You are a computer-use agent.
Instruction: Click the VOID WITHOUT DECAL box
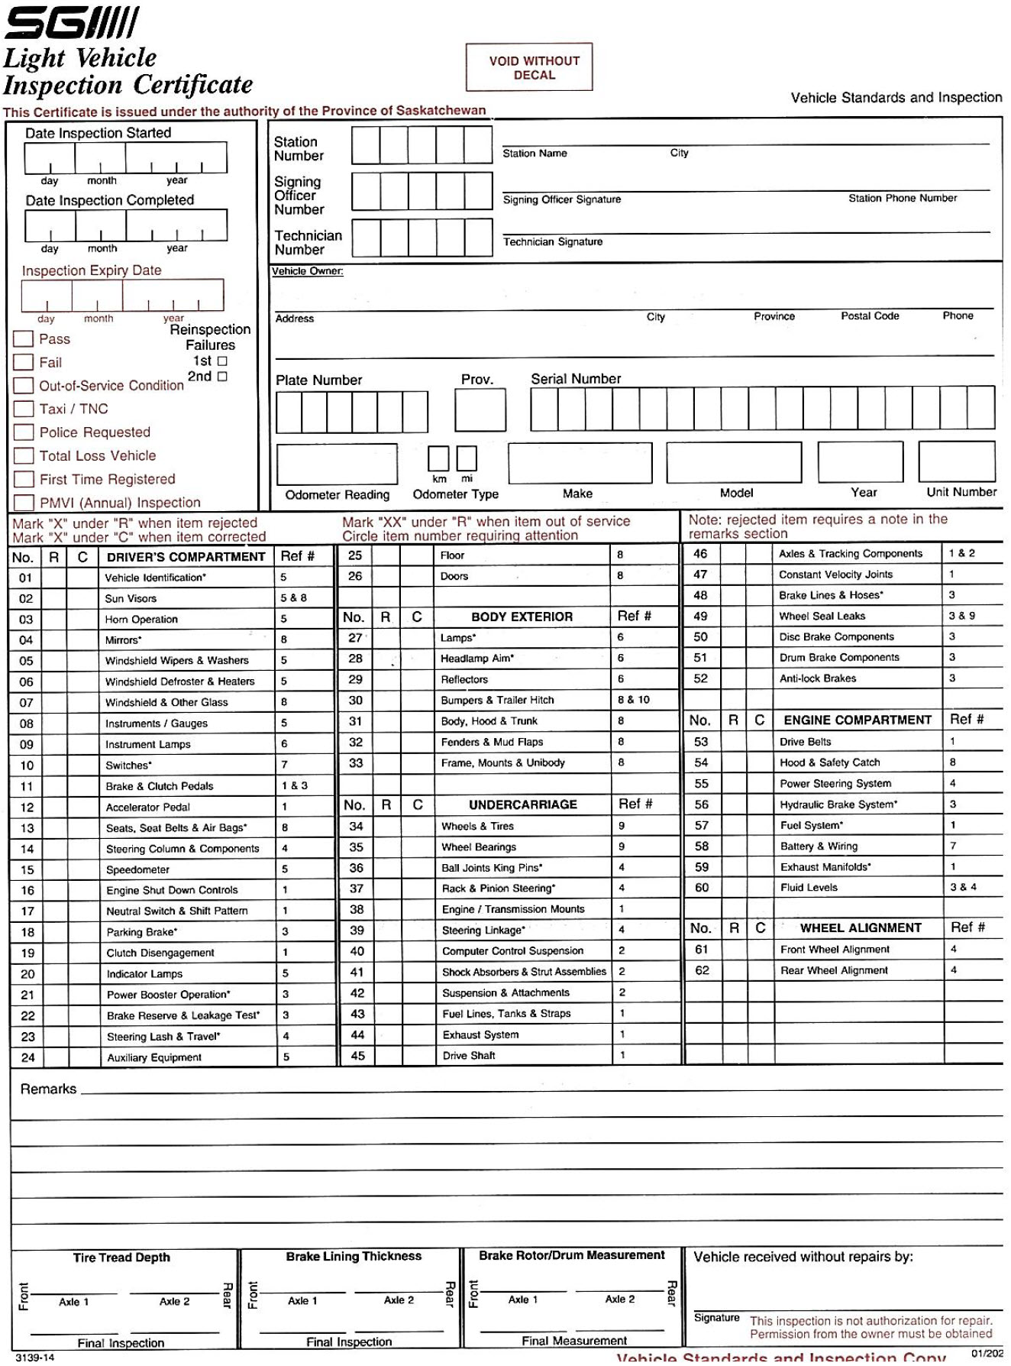point(529,67)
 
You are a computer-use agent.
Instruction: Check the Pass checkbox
point(24,339)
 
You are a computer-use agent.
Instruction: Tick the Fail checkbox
point(24,362)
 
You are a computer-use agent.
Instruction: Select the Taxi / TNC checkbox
point(24,409)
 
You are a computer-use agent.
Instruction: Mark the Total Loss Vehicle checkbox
point(24,456)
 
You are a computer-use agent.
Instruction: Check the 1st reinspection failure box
point(223,361)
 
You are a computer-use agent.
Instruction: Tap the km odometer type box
point(438,458)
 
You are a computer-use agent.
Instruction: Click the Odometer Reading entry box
point(337,463)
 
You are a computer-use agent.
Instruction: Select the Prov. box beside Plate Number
point(480,410)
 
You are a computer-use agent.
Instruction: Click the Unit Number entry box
point(957,461)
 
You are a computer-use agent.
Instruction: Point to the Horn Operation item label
point(141,620)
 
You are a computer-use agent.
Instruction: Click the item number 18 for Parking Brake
point(27,932)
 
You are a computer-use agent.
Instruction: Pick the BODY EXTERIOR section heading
point(522,617)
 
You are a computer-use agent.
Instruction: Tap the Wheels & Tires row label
point(477,826)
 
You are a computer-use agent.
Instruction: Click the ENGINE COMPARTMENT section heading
point(858,720)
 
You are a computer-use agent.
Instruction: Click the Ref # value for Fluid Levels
point(963,887)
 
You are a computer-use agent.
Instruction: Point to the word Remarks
point(48,1089)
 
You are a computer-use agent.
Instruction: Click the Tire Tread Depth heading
point(121,1258)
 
